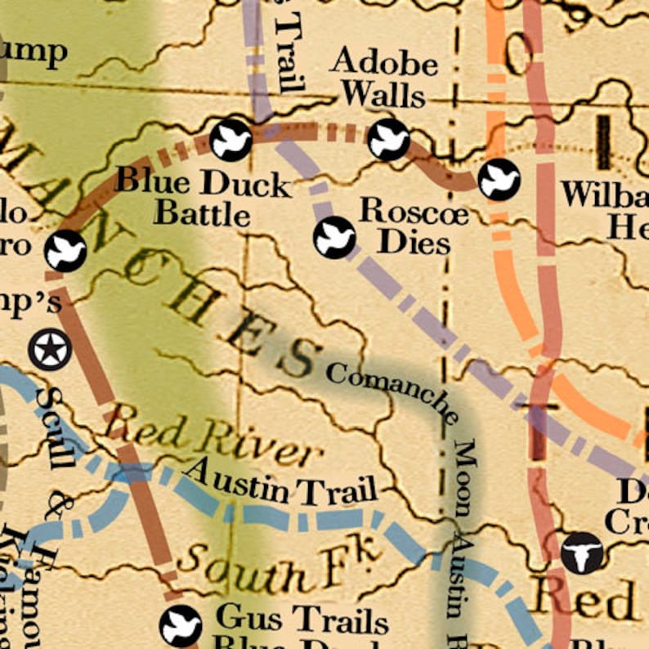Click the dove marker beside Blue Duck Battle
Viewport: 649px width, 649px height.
tap(231, 140)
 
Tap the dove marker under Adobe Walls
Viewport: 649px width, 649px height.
tap(387, 139)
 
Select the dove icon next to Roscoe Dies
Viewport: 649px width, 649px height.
tap(334, 238)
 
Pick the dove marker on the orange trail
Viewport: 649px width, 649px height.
tap(499, 180)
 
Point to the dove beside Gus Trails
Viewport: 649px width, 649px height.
tap(180, 626)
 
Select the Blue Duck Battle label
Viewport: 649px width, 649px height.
tap(203, 198)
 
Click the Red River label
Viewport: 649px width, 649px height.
tap(208, 439)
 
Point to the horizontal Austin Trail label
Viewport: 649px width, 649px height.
tap(280, 484)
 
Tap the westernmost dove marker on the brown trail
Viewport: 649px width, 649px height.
tap(65, 251)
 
